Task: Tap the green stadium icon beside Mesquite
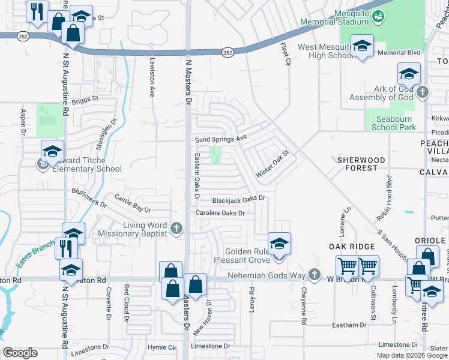coord(378,16)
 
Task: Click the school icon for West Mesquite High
coord(363,46)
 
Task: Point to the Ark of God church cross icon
coord(423,92)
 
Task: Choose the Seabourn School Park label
coord(393,123)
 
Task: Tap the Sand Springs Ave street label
coord(221,139)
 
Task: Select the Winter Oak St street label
coord(273,163)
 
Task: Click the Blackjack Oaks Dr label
coord(239,199)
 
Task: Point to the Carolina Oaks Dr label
coord(220,213)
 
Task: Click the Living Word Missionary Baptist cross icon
coord(176,228)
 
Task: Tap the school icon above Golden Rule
coord(279,244)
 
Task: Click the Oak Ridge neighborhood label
coord(352,247)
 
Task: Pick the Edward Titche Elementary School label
coord(83,164)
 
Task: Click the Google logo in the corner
coord(20,353)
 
